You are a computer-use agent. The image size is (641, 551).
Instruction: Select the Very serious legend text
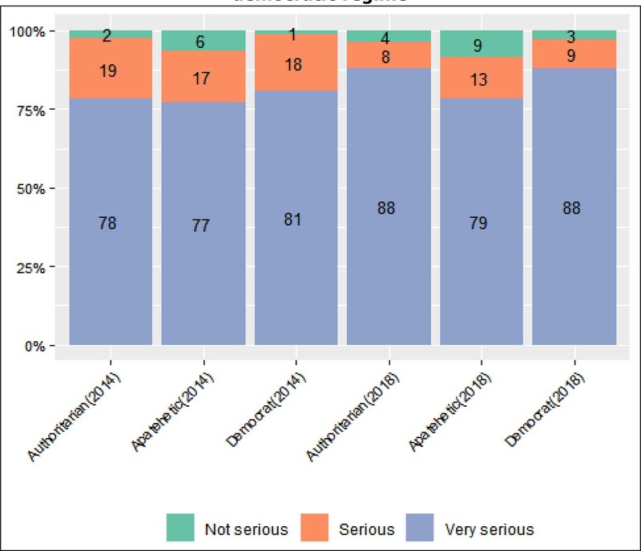pyautogui.click(x=489, y=529)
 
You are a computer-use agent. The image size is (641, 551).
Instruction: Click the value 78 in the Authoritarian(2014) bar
pyautogui.click(x=108, y=224)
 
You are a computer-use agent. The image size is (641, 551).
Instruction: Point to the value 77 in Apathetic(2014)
pyautogui.click(x=200, y=226)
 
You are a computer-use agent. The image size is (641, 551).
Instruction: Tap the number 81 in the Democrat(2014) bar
pyautogui.click(x=293, y=219)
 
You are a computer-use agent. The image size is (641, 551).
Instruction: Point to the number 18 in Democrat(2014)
pyautogui.click(x=293, y=66)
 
